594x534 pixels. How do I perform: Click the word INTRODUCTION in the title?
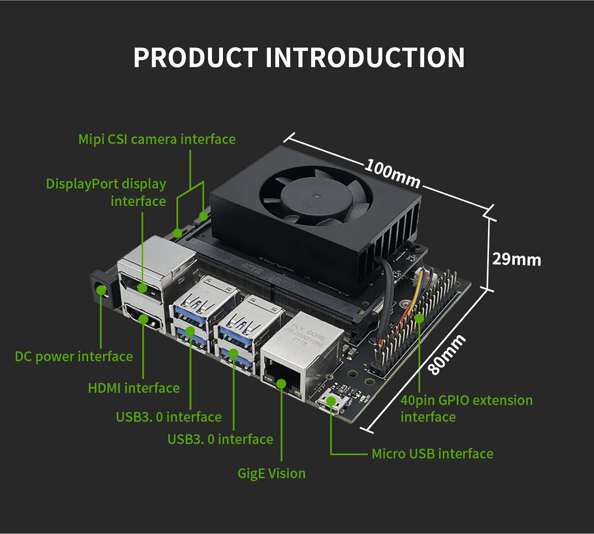tap(365, 58)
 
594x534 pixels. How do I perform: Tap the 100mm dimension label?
tap(392, 173)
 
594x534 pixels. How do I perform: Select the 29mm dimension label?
tap(516, 259)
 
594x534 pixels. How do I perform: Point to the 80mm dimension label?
tap(447, 355)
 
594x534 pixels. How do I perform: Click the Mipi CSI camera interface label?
tap(157, 139)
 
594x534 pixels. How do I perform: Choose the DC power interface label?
tap(74, 357)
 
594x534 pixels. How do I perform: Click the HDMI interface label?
tap(134, 388)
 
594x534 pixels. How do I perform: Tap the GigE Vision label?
tap(271, 473)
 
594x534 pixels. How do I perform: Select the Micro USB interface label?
tap(432, 454)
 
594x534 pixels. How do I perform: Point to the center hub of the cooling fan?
tap(316, 195)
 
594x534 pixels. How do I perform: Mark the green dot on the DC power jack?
tap(101, 291)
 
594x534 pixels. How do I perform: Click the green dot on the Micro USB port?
tap(330, 401)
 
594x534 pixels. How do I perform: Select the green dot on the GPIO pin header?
tap(419, 318)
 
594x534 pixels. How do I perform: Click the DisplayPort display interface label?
tap(106, 193)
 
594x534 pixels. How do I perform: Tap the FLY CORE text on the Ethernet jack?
tap(311, 331)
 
